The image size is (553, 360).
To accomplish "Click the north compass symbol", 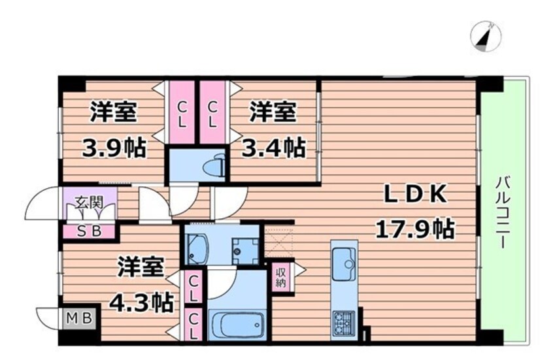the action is (x=486, y=37).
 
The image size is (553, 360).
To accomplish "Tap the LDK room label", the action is (x=415, y=194).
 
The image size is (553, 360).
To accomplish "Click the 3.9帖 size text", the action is (x=114, y=148).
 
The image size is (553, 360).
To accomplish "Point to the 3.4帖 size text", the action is (x=273, y=148).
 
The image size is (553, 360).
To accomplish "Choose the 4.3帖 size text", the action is (x=141, y=302).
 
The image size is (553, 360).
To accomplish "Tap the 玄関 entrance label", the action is (x=88, y=203).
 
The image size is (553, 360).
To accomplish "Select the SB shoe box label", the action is (x=90, y=231).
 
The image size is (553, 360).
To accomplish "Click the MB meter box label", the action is (x=80, y=318).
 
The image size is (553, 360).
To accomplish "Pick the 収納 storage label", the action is (x=280, y=278).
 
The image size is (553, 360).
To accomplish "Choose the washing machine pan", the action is (x=244, y=251).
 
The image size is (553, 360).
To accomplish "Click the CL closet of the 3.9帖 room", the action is (x=182, y=112).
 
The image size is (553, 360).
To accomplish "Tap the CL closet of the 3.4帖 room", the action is (x=212, y=112).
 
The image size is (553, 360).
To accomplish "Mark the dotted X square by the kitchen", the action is (x=279, y=243).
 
